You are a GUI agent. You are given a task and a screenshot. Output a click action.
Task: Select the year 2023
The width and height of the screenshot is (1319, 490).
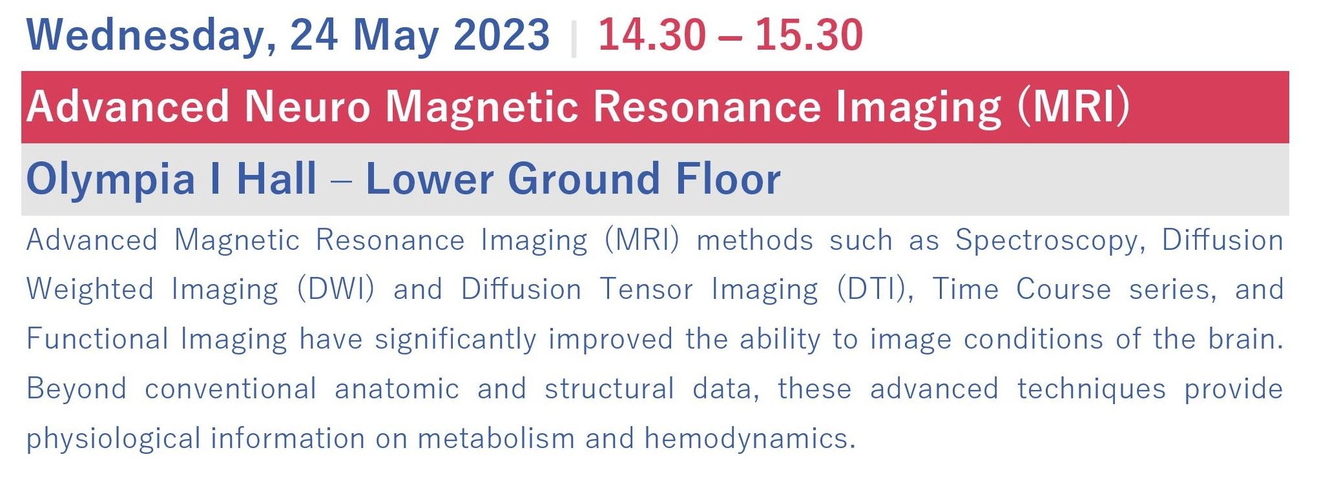point(501,35)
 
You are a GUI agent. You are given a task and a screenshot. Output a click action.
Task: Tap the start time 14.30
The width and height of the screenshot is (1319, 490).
point(652,35)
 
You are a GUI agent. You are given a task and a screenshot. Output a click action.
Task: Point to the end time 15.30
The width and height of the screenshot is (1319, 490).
point(809,35)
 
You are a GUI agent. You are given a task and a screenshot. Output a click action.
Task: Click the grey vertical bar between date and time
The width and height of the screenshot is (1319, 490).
point(574,38)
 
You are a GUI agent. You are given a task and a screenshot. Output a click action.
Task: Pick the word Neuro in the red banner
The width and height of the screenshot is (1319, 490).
point(307,107)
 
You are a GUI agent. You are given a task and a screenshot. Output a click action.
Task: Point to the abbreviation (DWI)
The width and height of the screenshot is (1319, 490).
point(335,289)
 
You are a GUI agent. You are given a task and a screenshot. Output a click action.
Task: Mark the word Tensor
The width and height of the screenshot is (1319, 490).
point(647,289)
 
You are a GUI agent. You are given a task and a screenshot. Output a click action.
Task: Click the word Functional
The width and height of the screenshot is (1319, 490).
point(98,339)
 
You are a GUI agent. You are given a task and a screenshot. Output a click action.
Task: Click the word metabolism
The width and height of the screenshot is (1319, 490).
point(496,438)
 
